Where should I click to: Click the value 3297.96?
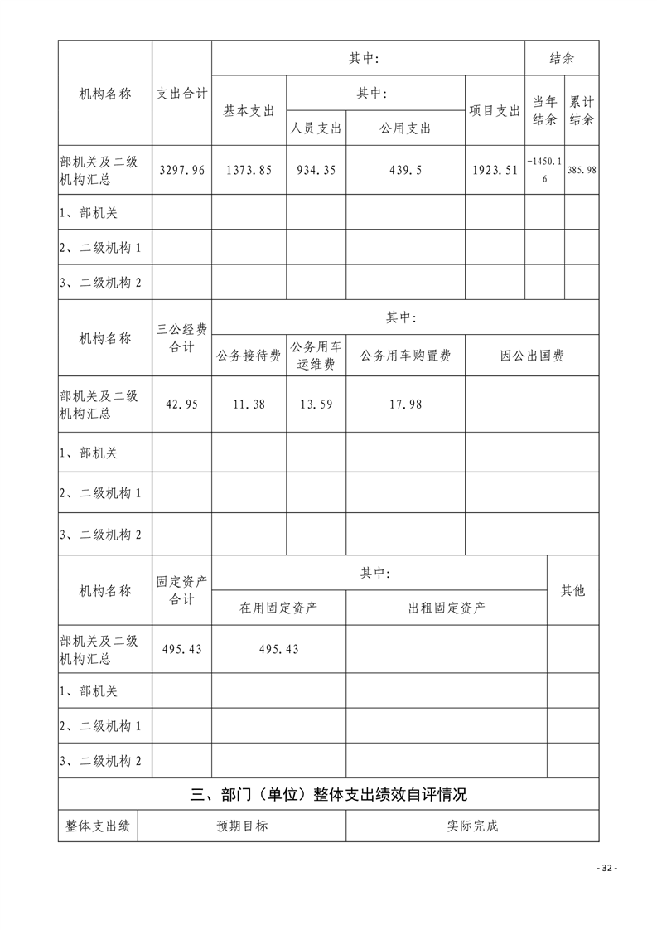click(181, 171)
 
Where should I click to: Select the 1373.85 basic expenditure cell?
click(249, 171)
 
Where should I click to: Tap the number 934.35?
click(316, 171)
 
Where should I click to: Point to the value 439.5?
click(405, 171)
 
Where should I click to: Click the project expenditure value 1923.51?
click(495, 171)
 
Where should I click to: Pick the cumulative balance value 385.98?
click(582, 171)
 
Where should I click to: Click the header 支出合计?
click(181, 94)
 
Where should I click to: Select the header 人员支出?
click(316, 128)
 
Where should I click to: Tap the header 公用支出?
click(405, 128)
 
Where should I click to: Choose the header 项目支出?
click(495, 111)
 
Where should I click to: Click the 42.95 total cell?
click(181, 404)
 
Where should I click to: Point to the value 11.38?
click(249, 404)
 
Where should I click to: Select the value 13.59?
click(316, 404)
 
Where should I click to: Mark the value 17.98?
click(405, 404)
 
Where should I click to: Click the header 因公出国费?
click(532, 356)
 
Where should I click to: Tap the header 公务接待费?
click(249, 356)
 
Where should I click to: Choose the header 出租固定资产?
click(447, 608)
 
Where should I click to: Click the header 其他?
click(572, 590)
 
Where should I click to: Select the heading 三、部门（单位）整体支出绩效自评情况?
click(328, 794)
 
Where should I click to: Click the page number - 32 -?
click(607, 868)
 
